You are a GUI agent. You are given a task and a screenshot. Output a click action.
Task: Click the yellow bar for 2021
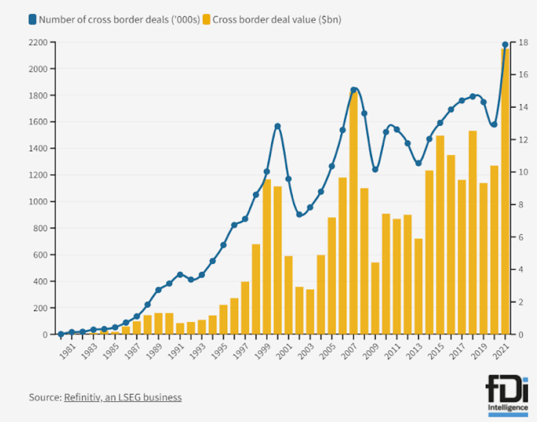coord(505,191)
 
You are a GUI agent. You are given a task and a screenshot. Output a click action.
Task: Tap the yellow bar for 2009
coord(375,298)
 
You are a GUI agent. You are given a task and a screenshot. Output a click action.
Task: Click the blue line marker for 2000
coord(278,126)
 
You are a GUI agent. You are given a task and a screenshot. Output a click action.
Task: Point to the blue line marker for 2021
coord(505,45)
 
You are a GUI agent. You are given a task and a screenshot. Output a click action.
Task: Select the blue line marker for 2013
coord(419,163)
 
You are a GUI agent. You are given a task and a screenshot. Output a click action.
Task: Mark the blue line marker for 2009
coord(375,170)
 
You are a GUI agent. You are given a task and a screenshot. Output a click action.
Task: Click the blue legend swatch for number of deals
coord(33,20)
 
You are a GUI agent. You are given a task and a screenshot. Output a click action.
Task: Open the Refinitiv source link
coord(123,397)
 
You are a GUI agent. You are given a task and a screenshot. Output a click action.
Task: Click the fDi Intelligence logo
coord(508,395)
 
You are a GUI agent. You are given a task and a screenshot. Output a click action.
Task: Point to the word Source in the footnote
coord(44,397)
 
